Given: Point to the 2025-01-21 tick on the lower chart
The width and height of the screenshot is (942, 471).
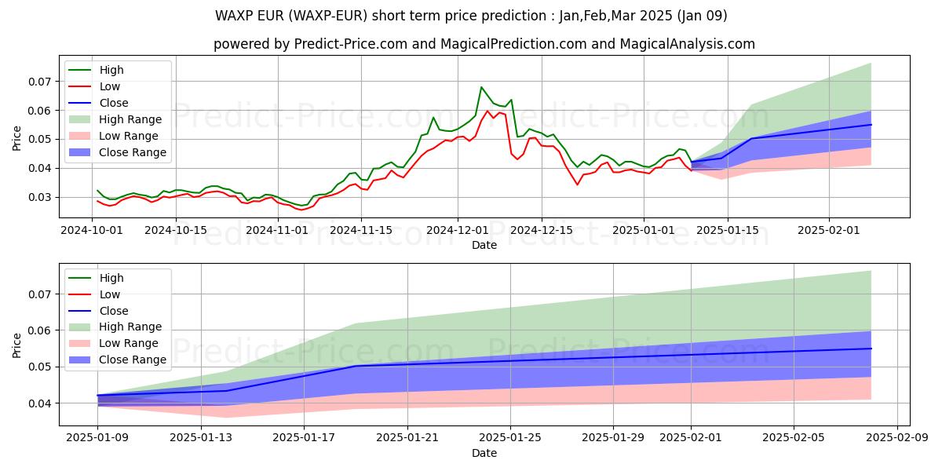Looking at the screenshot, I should click(x=407, y=437).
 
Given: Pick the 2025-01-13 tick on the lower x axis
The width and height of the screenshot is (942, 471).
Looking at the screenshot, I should click(x=201, y=437).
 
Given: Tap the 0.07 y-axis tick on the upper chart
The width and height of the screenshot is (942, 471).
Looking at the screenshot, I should click(x=40, y=82).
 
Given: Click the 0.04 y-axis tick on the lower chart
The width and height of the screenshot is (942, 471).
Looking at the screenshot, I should click(x=40, y=403).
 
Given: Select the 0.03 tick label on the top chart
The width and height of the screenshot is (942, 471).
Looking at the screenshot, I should click(x=40, y=197).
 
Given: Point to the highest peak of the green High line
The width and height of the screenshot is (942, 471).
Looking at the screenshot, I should click(x=481, y=87).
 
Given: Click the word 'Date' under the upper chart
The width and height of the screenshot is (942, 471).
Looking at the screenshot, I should click(x=484, y=245).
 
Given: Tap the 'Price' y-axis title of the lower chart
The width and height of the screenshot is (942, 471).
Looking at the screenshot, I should click(x=17, y=345).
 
